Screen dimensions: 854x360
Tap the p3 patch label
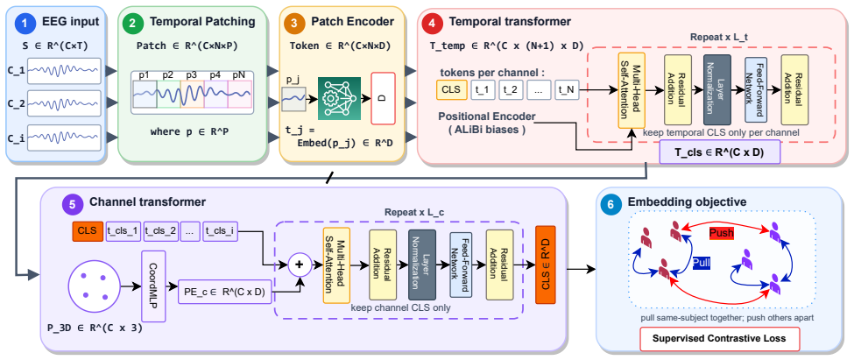[x=191, y=74]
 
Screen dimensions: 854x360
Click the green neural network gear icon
[x=340, y=99]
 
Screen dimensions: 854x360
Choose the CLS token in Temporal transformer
[x=451, y=90]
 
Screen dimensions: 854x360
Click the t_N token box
[x=567, y=90]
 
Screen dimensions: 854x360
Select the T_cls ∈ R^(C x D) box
[x=719, y=153]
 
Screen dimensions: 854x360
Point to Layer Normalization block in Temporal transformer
[x=716, y=90]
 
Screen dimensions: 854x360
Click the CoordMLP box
[x=153, y=286]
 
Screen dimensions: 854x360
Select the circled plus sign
[x=299, y=265]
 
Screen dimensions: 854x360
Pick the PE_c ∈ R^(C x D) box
[x=225, y=292]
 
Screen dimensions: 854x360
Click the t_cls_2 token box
[x=161, y=231]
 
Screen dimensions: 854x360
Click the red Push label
[x=721, y=233]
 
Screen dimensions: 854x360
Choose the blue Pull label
[x=701, y=263]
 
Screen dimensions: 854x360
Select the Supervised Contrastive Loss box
[x=719, y=338]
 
